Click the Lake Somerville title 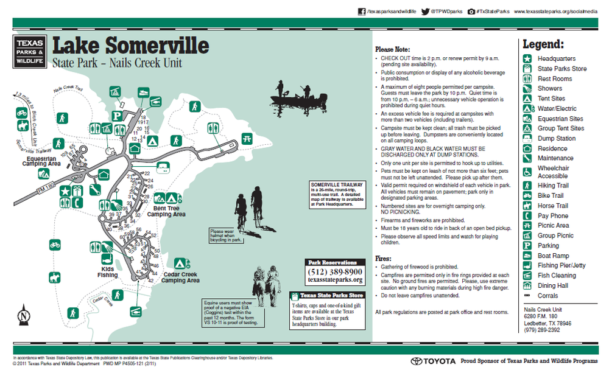pos(130,46)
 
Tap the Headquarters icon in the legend pos(527,58)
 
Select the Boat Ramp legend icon pos(527,256)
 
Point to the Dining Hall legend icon pos(527,285)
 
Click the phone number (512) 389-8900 pos(336,271)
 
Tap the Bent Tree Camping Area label pos(166,211)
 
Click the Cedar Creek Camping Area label pos(181,277)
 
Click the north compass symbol pos(23,314)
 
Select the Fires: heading pos(384,257)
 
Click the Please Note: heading pos(393,50)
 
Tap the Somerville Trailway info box pos(337,195)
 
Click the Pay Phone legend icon pos(527,216)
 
